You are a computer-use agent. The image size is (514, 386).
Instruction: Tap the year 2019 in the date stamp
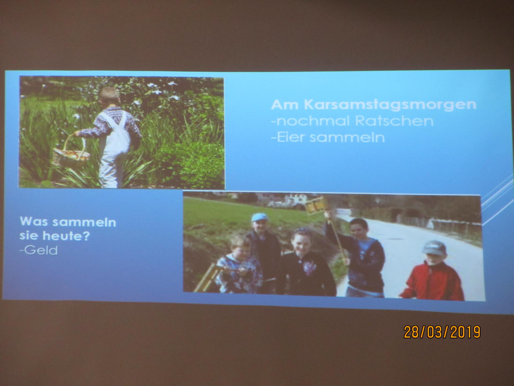click(x=465, y=332)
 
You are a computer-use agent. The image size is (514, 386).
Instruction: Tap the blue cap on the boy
click(x=259, y=217)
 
